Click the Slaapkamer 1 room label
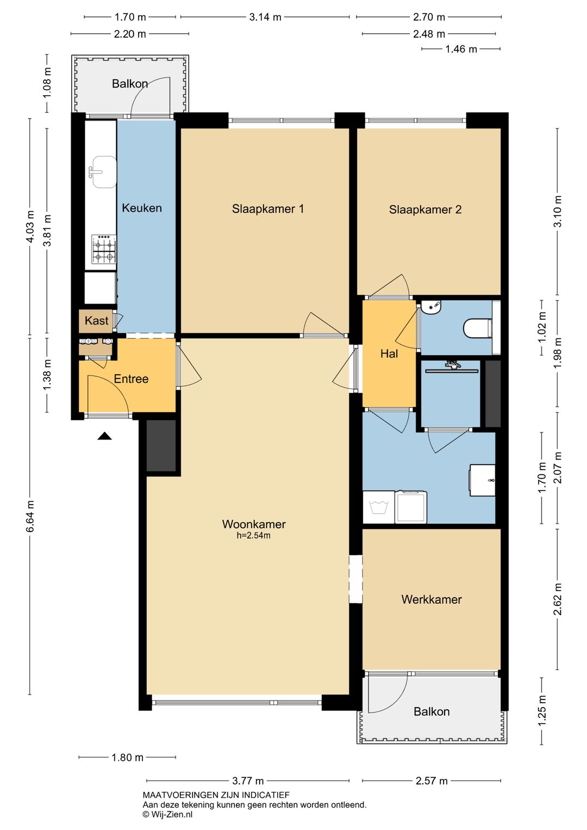point(268,209)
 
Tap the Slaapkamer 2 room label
point(425,210)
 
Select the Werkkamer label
point(432,599)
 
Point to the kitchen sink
point(104,172)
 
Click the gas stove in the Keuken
point(104,249)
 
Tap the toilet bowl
point(478,329)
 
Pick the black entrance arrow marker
point(104,436)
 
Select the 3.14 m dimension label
point(265,17)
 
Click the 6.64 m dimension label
point(30,516)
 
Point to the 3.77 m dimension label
point(248,781)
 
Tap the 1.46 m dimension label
point(461,49)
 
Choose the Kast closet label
point(96,320)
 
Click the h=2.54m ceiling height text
point(254,535)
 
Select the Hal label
point(389,354)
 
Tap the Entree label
point(131,379)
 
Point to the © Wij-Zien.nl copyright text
point(168,814)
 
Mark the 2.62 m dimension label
point(558,599)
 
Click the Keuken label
point(142,208)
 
